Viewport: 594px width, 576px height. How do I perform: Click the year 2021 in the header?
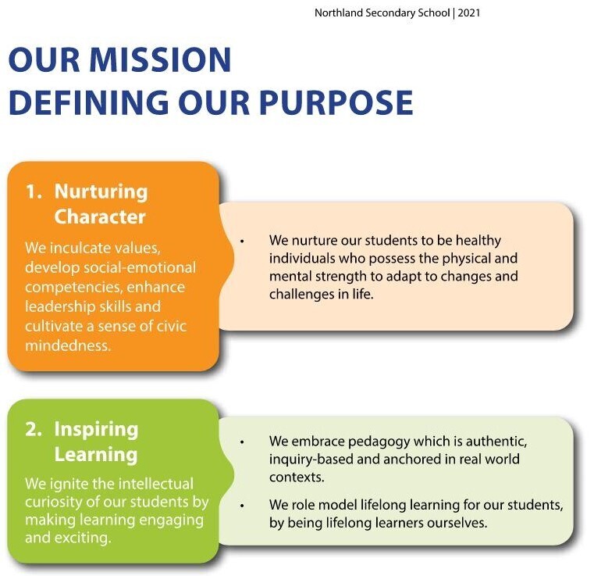pos(469,13)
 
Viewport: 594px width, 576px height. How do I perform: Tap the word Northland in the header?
pos(339,13)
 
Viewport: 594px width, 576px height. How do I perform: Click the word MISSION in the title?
pos(160,59)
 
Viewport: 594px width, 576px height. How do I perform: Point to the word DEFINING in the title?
pos(89,102)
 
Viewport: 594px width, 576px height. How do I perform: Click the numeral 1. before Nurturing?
pos(34,191)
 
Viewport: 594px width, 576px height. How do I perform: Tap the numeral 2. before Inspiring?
pos(34,429)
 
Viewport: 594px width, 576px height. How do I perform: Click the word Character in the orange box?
pos(100,216)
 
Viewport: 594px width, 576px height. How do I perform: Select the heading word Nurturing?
pos(101,192)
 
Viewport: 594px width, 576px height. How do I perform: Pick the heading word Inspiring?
pos(96,430)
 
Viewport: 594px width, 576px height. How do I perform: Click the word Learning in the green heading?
pos(96,455)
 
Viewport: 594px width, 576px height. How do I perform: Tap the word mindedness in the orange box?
pos(67,345)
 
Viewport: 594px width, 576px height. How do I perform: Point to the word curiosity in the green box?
pos(54,502)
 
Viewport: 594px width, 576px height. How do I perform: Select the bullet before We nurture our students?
pos(242,241)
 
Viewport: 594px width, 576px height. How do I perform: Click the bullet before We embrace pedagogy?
pos(242,442)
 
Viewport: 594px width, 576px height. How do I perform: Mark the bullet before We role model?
pos(242,506)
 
